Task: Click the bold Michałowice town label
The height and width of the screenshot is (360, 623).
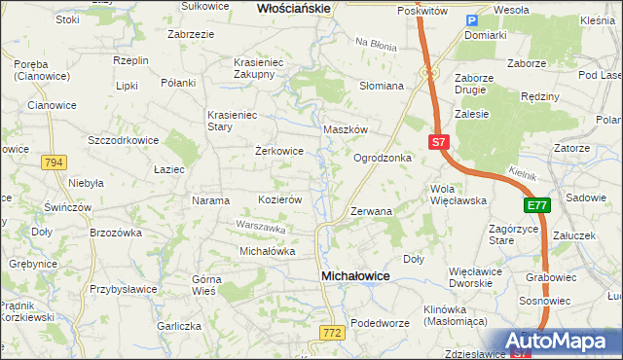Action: (x=355, y=276)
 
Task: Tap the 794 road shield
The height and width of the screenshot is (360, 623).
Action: (x=55, y=162)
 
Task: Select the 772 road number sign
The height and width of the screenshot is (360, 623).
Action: (x=331, y=333)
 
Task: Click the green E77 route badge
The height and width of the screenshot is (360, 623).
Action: (x=537, y=205)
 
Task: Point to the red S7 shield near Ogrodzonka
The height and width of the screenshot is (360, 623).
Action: (x=438, y=142)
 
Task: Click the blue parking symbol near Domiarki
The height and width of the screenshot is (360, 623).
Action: (x=472, y=21)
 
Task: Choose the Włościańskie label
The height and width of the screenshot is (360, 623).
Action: (x=294, y=8)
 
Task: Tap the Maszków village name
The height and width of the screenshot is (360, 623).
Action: (x=345, y=129)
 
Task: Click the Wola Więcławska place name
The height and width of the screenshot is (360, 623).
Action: (x=458, y=195)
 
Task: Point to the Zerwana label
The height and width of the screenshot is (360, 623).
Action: (x=371, y=211)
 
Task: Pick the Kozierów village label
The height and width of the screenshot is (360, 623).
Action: (x=279, y=199)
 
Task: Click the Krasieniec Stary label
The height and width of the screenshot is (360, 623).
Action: (x=232, y=121)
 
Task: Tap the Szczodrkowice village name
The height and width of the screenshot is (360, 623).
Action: (x=123, y=140)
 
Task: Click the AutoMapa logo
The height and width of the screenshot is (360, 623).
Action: (x=565, y=342)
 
